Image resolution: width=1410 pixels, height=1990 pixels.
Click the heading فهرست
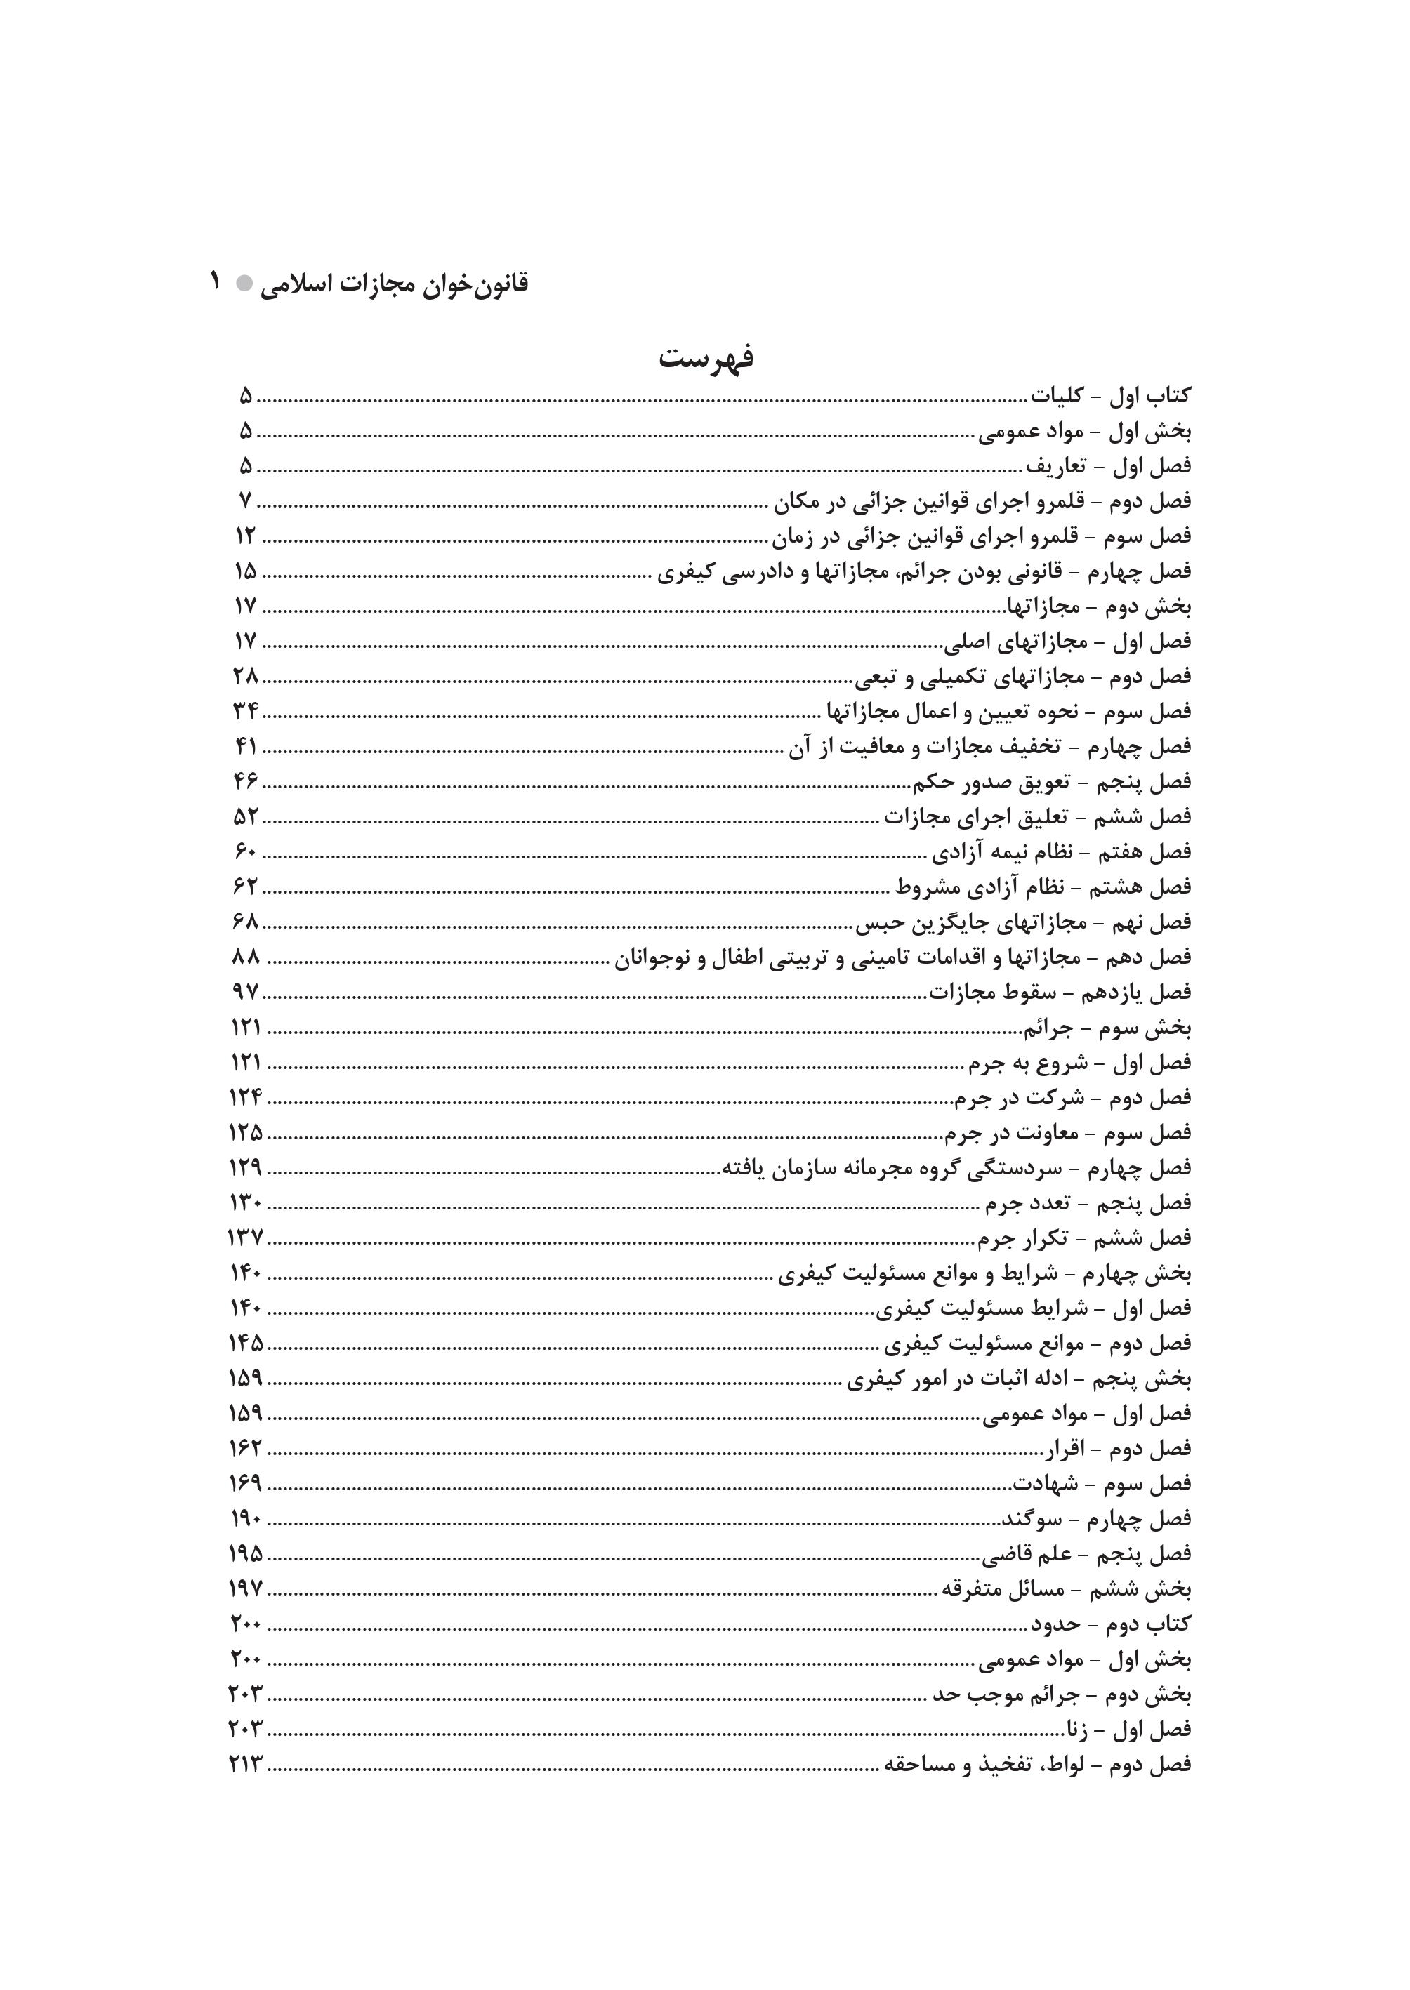[x=705, y=357]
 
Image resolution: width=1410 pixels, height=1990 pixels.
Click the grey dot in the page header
[x=245, y=283]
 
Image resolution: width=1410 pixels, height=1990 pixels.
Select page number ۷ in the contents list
[x=245, y=500]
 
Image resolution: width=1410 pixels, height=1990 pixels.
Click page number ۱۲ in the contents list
[x=245, y=536]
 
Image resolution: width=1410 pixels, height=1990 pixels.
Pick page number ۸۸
[x=246, y=957]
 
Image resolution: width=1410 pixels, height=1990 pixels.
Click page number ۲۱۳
[x=246, y=1765]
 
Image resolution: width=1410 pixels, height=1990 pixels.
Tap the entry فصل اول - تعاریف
[x=1109, y=466]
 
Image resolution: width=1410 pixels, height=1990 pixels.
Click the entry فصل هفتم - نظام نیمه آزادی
[x=1061, y=852]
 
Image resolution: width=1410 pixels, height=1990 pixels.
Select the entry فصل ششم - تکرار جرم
[x=1084, y=1238]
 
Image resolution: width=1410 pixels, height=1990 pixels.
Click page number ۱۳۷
[x=245, y=1238]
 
